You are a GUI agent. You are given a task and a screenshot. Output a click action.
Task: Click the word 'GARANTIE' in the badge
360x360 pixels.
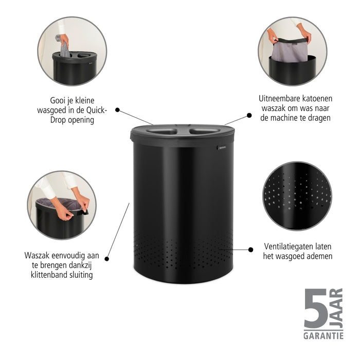[x=323, y=336]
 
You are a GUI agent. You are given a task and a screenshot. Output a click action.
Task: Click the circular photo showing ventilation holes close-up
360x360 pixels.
[x=297, y=196]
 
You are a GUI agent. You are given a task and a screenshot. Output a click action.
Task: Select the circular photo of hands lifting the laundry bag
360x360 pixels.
[x=292, y=51]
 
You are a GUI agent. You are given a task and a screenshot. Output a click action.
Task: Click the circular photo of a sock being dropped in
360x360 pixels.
[x=73, y=51]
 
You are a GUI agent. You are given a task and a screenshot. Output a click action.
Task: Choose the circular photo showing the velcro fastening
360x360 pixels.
[x=62, y=205]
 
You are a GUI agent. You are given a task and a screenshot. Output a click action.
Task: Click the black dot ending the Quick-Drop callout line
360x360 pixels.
[x=118, y=110]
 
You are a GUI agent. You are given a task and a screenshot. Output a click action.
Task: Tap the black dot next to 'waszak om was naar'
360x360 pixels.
[x=249, y=116]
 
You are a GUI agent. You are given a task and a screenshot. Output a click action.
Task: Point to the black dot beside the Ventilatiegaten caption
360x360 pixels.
[x=250, y=249]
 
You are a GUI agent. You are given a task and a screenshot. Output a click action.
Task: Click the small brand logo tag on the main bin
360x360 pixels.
[x=222, y=148]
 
